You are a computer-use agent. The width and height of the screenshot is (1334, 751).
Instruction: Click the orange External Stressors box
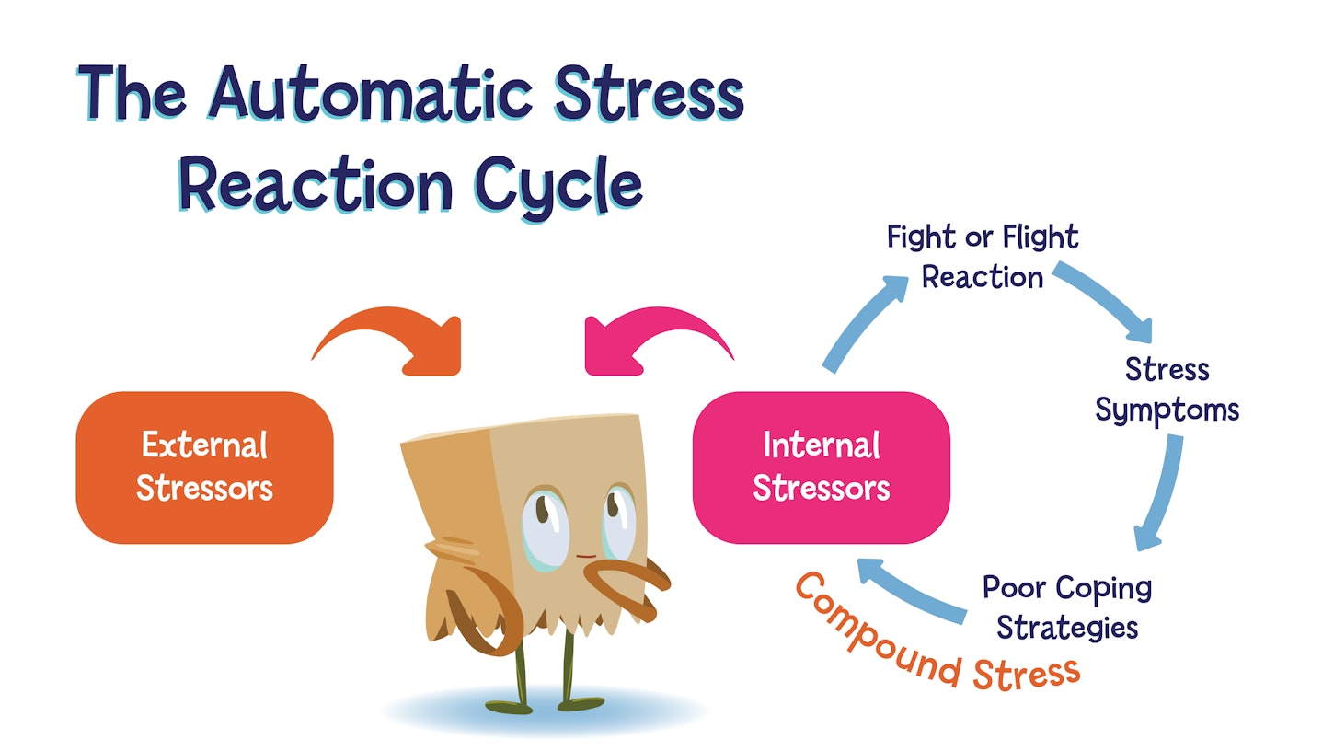[x=204, y=467]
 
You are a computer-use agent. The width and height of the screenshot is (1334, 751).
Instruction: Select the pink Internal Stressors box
[x=821, y=467]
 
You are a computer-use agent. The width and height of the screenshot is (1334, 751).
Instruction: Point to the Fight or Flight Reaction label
[x=983, y=257]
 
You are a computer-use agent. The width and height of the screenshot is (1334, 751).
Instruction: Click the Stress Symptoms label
[x=1167, y=389]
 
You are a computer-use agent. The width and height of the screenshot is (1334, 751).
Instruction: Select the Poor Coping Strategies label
[x=1067, y=607]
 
